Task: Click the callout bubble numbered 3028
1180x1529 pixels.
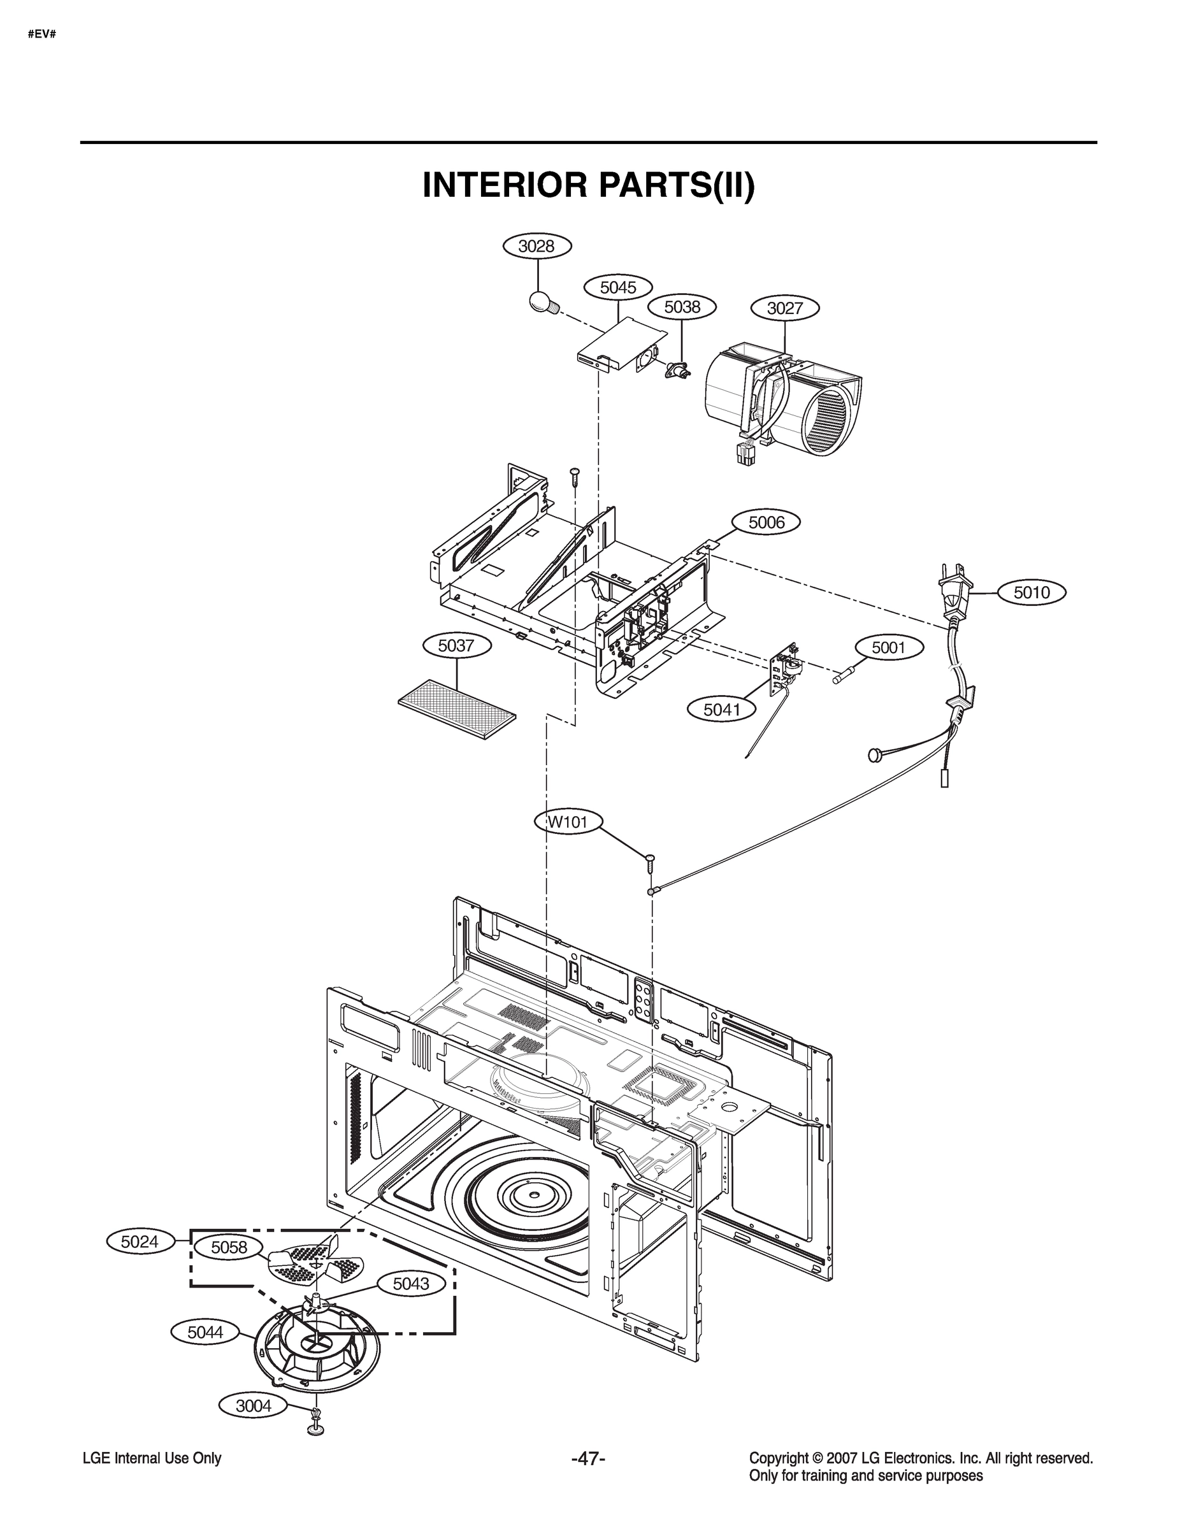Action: (537, 247)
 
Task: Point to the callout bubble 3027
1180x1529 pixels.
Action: (784, 308)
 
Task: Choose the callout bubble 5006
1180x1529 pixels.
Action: (766, 522)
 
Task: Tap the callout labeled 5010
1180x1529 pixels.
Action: (1032, 592)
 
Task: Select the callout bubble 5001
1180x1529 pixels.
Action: (889, 647)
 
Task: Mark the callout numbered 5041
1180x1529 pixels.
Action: (721, 709)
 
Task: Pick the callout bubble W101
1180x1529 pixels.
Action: (567, 822)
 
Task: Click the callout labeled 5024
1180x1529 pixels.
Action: (140, 1241)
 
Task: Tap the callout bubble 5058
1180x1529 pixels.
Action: (229, 1247)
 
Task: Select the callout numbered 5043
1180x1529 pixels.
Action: (411, 1283)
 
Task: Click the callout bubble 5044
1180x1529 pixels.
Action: (205, 1332)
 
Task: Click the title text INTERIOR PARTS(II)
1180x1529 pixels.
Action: (588, 185)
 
